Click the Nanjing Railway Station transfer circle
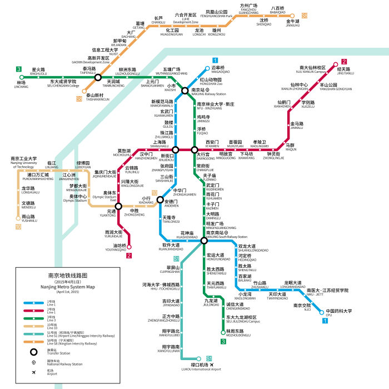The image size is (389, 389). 185,91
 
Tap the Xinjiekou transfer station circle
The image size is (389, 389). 176,149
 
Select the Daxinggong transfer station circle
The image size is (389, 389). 194,149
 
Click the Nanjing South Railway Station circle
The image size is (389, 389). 205,241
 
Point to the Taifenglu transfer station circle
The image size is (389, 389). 98,77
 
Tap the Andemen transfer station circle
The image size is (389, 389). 160,200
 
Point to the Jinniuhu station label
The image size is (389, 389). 292,23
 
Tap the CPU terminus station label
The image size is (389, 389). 339,313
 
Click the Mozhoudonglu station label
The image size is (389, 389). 238,333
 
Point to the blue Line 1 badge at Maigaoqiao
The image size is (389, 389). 215,61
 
